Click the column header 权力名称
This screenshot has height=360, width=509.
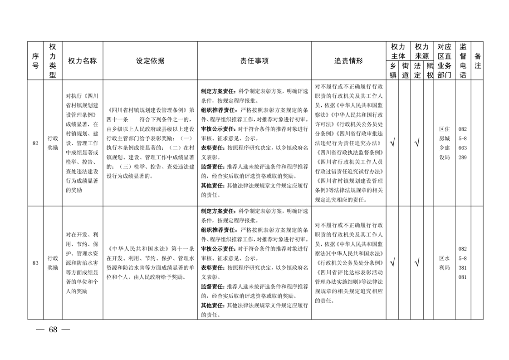pos(82,61)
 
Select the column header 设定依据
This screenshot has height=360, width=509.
pos(150,61)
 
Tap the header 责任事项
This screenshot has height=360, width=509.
pos(254,61)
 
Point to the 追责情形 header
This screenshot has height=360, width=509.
pos(348,61)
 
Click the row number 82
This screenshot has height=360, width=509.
pos(35,144)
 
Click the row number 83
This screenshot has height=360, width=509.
pos(35,263)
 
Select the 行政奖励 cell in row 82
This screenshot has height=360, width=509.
pos(53,143)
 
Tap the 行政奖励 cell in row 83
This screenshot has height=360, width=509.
pos(53,263)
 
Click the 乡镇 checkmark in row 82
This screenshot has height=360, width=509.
pos(392,143)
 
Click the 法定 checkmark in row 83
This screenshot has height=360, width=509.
pos(416,262)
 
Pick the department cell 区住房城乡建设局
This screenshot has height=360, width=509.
pos(444,143)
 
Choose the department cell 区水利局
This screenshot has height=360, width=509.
pos(444,263)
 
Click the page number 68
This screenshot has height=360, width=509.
pos(53,330)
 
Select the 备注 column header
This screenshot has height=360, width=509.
pos(477,61)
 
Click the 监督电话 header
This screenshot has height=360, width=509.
pos(463,61)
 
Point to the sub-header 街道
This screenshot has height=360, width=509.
pos(405,70)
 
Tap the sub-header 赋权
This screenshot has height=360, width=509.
pos(429,70)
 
